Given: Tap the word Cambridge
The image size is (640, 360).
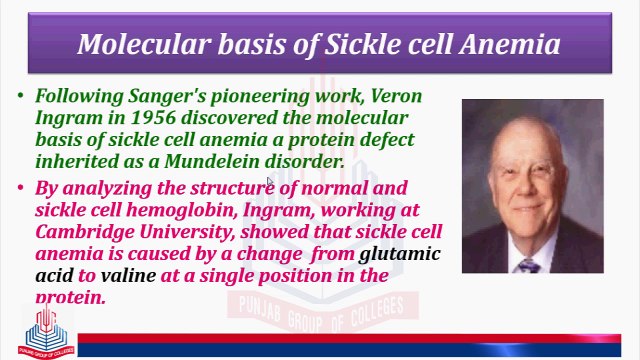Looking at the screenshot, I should [x=83, y=232].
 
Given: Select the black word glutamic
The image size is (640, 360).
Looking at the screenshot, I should [x=400, y=253].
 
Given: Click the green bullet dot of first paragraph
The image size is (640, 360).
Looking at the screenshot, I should [x=21, y=96].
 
